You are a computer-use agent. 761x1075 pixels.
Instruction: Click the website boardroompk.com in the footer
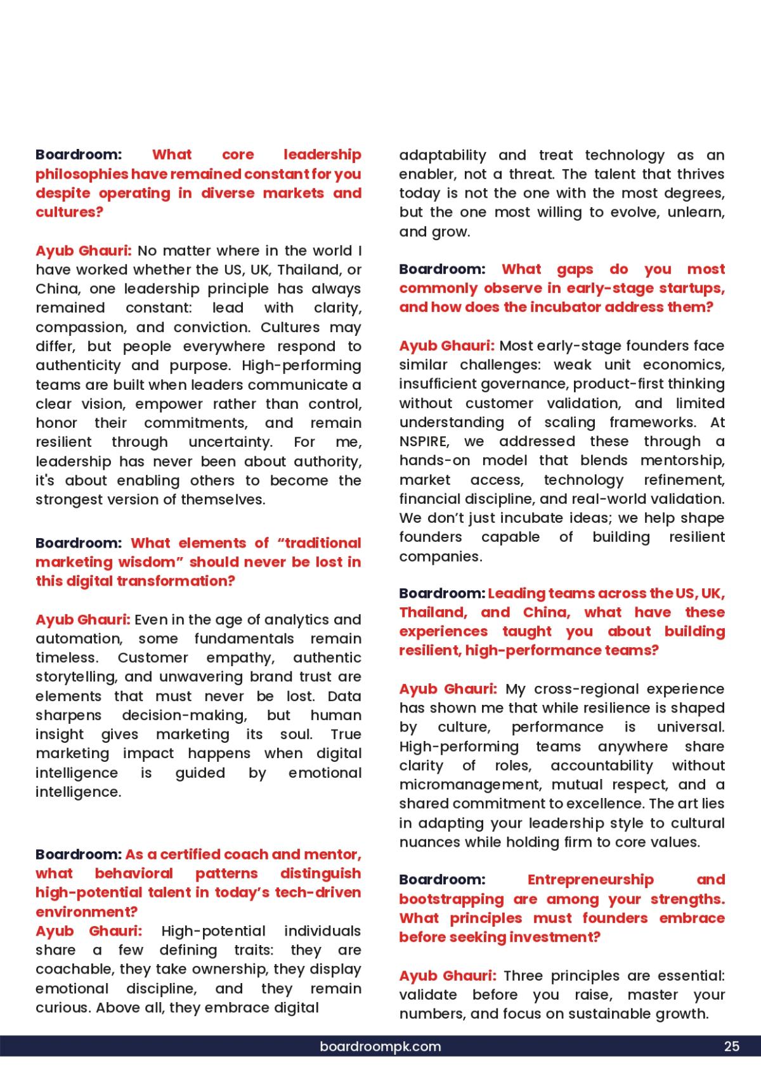380,1046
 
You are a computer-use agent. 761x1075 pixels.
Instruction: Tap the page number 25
731,1046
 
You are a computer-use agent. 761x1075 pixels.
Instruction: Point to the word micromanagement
471,785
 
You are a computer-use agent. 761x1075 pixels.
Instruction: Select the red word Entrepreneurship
590,880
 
